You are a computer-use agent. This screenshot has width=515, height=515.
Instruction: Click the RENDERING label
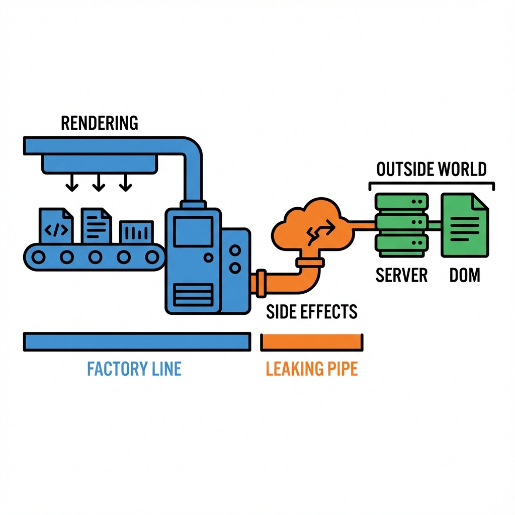tap(99, 123)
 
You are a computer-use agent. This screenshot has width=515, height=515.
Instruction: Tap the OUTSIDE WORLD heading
tap(432, 169)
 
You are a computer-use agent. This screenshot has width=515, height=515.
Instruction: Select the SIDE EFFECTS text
tap(311, 312)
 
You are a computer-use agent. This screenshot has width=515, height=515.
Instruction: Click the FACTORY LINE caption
tap(134, 369)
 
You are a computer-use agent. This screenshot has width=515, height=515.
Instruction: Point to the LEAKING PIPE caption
tap(311, 369)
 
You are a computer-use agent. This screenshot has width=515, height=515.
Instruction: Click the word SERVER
tap(401, 275)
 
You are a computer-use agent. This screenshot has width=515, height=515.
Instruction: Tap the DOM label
tap(465, 275)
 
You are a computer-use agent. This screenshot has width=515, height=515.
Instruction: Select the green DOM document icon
tap(465, 225)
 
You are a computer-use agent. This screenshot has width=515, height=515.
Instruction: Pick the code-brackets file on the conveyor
tap(56, 226)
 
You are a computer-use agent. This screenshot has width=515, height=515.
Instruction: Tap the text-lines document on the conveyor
tap(96, 225)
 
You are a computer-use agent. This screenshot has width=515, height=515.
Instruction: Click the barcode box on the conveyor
tap(136, 232)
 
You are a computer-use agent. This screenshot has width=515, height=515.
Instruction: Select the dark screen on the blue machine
tap(193, 232)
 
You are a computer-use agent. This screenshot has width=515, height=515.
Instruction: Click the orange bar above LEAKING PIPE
tap(311, 342)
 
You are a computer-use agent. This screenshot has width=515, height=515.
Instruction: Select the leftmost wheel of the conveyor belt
tap(38, 257)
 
